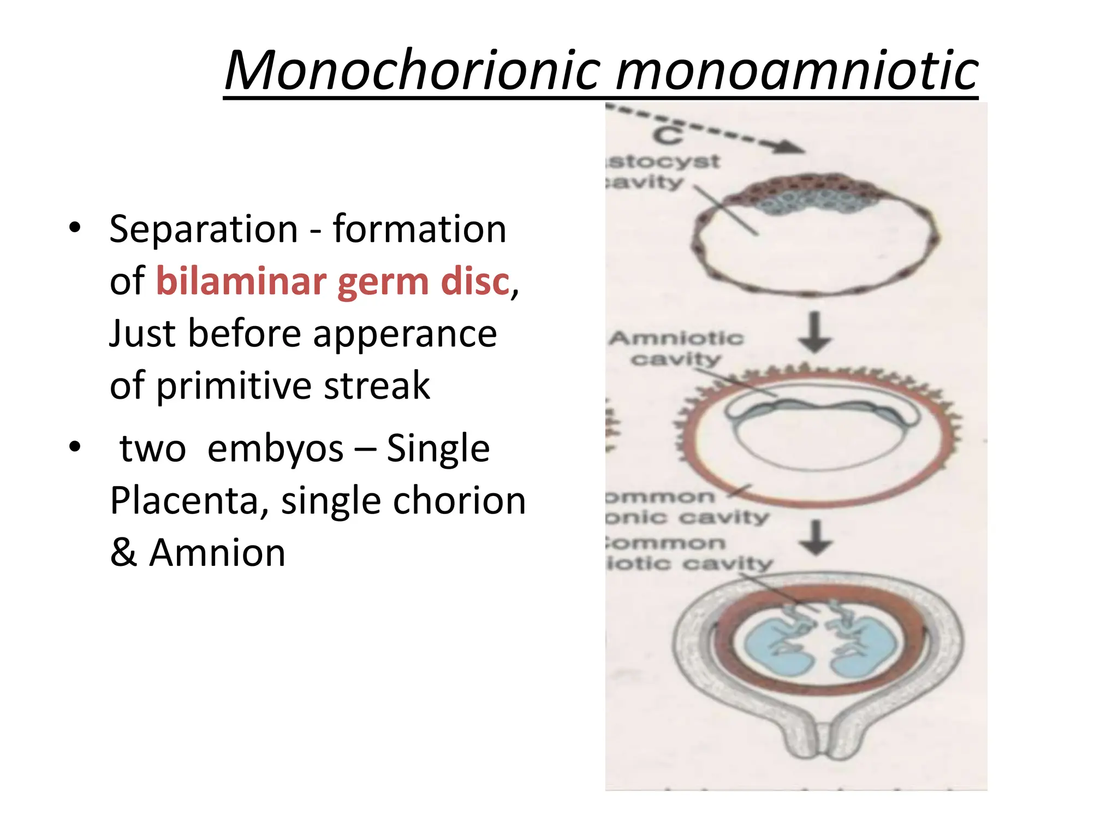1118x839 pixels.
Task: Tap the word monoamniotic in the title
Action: pos(796,70)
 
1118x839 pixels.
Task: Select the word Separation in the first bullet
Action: pos(203,229)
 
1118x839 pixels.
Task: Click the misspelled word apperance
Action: pos(405,334)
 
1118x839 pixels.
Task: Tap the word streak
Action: pos(377,386)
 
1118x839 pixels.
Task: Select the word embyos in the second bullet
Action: pos(275,448)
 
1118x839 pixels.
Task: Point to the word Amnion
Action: pos(217,553)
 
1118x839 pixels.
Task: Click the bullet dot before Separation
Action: pos(75,228)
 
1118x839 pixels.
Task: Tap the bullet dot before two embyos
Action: pos(75,447)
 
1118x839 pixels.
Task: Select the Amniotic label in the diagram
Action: pos(676,339)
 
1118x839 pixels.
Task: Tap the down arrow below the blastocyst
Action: pos(814,333)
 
